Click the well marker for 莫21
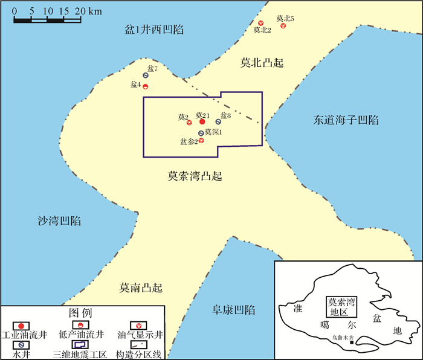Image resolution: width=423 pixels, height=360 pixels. (202, 121)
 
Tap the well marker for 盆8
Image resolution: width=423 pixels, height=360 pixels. (218, 122)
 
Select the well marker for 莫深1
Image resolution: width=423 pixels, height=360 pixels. (201, 133)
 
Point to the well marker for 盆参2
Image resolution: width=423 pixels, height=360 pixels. (201, 141)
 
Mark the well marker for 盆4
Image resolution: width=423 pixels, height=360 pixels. (146, 86)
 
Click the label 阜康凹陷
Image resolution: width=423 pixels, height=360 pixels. (233, 310)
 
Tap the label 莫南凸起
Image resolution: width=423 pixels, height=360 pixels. (141, 288)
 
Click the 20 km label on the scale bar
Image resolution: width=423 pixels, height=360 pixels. (86, 11)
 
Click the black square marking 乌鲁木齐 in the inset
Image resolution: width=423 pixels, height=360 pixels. (352, 344)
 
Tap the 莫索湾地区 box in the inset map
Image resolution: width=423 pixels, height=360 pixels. (340, 307)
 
